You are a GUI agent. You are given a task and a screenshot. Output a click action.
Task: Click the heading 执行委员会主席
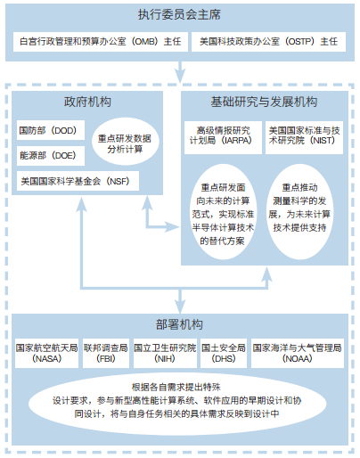(x=179, y=14)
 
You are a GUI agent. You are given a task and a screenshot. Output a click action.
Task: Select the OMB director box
(x=101, y=42)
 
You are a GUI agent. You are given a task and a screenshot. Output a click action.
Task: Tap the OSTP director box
(x=268, y=42)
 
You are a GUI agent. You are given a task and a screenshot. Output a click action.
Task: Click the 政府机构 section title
(x=87, y=102)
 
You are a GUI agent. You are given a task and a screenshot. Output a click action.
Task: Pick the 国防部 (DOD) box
(x=51, y=130)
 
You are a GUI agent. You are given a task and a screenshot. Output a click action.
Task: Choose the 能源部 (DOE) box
(x=51, y=156)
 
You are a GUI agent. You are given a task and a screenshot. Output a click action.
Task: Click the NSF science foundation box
(x=78, y=181)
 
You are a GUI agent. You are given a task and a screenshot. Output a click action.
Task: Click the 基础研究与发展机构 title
(x=264, y=102)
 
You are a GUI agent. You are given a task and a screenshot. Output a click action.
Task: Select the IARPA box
(x=223, y=137)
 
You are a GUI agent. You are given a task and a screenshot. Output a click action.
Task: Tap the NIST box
(x=304, y=137)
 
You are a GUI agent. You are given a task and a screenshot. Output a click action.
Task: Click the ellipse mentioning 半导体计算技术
(x=223, y=212)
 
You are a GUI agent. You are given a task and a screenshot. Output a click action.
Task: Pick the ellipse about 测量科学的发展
(x=299, y=212)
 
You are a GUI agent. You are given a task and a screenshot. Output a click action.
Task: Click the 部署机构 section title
(x=179, y=324)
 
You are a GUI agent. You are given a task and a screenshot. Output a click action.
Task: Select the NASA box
(x=47, y=353)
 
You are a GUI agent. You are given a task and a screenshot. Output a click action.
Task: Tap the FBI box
(x=106, y=353)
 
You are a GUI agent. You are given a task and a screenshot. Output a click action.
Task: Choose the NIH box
(x=165, y=353)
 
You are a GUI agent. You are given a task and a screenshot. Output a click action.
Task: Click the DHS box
(x=224, y=353)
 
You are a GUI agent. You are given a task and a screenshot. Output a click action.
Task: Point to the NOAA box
(x=298, y=353)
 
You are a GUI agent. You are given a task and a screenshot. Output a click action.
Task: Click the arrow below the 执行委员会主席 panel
(x=180, y=72)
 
